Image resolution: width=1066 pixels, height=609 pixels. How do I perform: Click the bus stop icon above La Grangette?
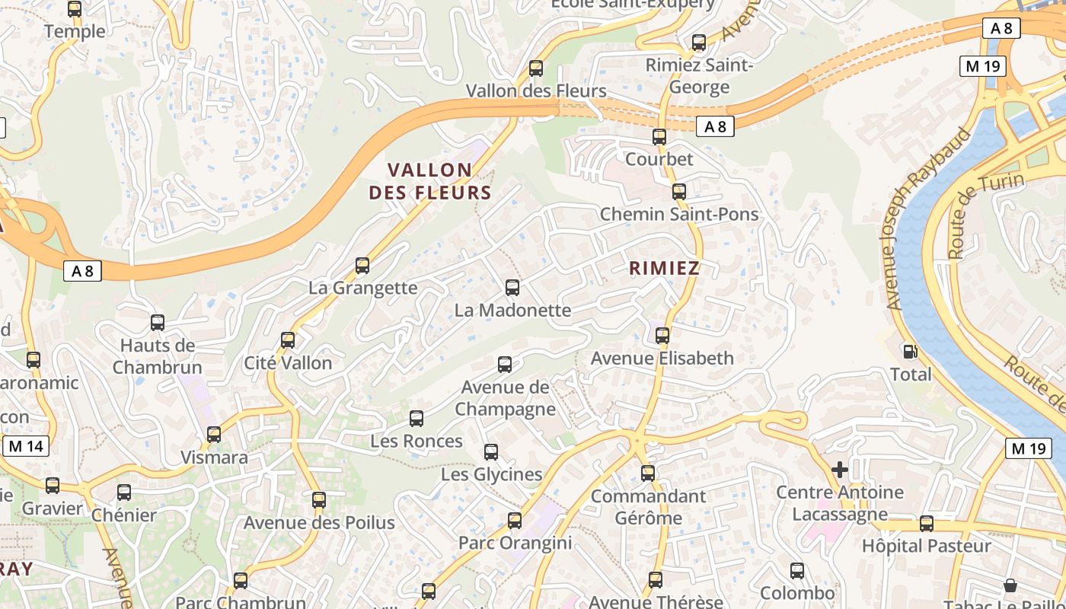[362, 266]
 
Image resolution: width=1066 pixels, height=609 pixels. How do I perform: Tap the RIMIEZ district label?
[664, 268]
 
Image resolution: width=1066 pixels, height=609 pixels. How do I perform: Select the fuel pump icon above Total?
[909, 352]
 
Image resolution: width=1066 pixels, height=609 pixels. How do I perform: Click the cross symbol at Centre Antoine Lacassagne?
[840, 470]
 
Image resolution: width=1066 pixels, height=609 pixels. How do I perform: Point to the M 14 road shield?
[27, 446]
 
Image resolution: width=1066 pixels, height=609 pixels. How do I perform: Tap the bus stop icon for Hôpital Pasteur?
[926, 524]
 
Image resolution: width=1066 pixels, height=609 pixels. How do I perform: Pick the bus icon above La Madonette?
[512, 288]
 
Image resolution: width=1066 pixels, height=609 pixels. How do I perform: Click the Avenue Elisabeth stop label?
[662, 359]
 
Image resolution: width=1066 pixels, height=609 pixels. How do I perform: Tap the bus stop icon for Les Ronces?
[416, 419]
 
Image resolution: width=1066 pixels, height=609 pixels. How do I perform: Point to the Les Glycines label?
[492, 475]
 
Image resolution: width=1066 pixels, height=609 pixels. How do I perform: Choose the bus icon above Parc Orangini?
[515, 521]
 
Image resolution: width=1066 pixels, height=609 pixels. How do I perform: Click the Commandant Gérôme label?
[648, 507]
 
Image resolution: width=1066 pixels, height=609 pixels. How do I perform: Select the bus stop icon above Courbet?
[659, 137]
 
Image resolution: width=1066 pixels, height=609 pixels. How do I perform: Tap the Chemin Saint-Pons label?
[679, 215]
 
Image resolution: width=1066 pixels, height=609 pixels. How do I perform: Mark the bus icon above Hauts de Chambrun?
[158, 323]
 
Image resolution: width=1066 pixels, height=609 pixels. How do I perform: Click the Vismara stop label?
[214, 458]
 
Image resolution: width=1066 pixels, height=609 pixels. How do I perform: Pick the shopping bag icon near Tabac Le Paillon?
[1010, 585]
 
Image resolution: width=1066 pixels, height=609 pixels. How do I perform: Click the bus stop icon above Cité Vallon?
[288, 340]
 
